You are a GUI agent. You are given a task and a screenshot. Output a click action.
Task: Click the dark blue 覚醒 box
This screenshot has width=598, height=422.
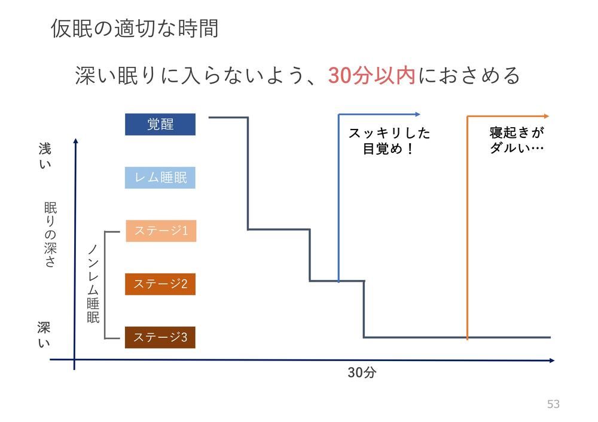pyautogui.click(x=160, y=124)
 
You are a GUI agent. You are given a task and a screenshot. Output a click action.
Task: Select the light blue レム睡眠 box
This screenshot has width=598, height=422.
pyautogui.click(x=160, y=178)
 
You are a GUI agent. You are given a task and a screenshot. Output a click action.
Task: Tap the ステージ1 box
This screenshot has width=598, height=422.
pyautogui.click(x=160, y=231)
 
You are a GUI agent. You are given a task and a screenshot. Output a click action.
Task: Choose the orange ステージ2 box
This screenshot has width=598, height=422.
pyautogui.click(x=160, y=284)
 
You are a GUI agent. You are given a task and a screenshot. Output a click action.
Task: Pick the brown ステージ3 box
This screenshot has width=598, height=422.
pyautogui.click(x=160, y=338)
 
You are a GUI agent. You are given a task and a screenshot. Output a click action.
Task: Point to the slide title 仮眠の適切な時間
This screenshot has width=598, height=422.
pyautogui.click(x=135, y=28)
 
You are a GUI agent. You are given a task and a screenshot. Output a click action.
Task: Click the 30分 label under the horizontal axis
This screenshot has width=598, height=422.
pyautogui.click(x=362, y=374)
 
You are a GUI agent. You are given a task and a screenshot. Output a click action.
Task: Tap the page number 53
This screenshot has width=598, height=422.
pyautogui.click(x=553, y=404)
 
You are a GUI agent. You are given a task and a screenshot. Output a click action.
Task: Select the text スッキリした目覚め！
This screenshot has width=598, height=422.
pyautogui.click(x=389, y=141)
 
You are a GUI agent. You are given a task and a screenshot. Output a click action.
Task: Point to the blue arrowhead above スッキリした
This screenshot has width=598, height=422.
pyautogui.click(x=417, y=114)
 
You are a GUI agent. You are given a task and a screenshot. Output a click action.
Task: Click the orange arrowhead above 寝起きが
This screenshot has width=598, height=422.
pyautogui.click(x=545, y=116)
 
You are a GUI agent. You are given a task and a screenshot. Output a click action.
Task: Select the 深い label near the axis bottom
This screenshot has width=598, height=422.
pyautogui.click(x=44, y=335)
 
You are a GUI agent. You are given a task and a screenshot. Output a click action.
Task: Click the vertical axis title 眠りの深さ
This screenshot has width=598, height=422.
pyautogui.click(x=50, y=235)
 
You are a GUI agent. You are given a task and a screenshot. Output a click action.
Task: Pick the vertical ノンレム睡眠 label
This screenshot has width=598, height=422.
pyautogui.click(x=93, y=284)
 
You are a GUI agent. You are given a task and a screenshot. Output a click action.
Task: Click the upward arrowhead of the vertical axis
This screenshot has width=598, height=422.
pyautogui.click(x=76, y=142)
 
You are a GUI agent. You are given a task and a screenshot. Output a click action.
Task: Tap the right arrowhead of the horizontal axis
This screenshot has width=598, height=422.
pyautogui.click(x=551, y=361)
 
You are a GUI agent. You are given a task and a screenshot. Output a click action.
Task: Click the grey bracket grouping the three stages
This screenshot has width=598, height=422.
pyautogui.click(x=106, y=284)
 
